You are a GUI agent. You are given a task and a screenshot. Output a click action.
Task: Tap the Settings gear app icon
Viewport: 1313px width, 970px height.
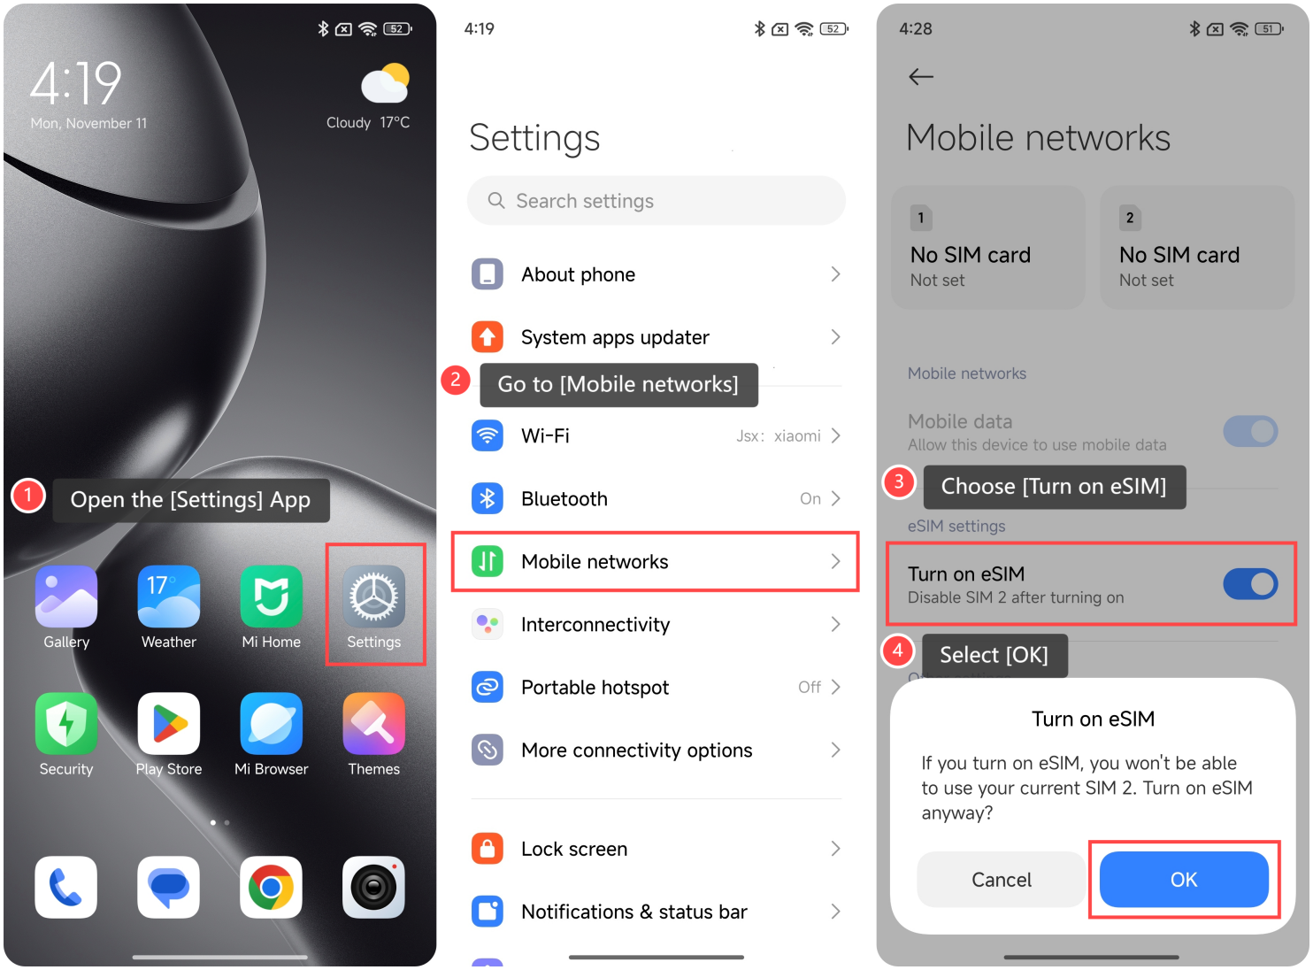click(x=373, y=597)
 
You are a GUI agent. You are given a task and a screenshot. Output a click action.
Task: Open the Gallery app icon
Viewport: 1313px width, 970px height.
click(x=66, y=597)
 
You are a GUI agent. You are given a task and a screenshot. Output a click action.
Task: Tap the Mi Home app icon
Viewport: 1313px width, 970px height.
click(x=271, y=597)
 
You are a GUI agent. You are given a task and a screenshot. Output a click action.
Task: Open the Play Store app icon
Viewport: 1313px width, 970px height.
click(x=169, y=723)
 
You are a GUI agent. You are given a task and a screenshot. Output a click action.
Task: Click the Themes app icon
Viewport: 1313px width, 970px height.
click(x=373, y=723)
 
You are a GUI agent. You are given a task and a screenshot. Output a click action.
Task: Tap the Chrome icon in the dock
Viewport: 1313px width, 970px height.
click(x=271, y=887)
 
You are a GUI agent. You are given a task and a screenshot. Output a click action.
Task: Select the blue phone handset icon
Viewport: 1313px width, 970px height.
click(x=66, y=887)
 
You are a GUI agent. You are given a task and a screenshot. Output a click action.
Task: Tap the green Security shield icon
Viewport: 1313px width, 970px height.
click(x=66, y=723)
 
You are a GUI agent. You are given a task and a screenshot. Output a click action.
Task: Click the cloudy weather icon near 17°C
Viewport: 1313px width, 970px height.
click(x=386, y=83)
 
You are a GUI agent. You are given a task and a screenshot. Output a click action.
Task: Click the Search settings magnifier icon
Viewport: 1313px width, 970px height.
click(x=496, y=201)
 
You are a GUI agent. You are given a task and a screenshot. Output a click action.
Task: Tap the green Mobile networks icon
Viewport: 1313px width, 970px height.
click(x=488, y=561)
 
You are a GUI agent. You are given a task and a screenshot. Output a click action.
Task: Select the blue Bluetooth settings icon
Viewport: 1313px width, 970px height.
click(x=488, y=498)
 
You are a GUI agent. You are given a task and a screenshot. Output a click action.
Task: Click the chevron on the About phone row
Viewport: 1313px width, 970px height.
click(x=835, y=274)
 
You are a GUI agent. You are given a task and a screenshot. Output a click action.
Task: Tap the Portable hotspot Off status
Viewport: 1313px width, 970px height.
click(x=810, y=687)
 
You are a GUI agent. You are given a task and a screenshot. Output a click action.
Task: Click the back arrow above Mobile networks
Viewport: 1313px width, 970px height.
click(x=921, y=76)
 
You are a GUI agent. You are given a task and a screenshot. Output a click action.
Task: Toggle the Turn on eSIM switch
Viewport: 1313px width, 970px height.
click(x=1250, y=584)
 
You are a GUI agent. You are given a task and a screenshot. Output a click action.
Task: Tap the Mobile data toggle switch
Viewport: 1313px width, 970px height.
click(x=1250, y=431)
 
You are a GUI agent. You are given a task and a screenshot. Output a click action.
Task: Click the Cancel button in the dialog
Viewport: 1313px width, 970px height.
click(x=1001, y=880)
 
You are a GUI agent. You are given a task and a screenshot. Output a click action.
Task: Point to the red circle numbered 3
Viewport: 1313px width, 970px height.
click(x=899, y=482)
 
